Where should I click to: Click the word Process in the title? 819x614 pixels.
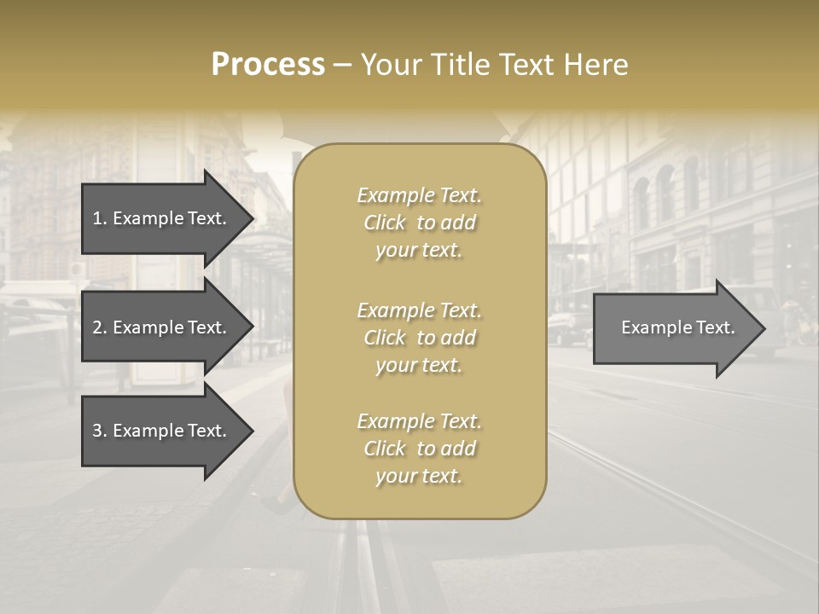point(268,64)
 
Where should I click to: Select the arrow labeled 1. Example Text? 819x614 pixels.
point(162,218)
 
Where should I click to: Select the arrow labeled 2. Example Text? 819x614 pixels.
point(162,327)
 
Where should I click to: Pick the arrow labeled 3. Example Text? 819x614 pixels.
point(162,431)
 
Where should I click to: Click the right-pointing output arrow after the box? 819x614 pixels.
point(674,327)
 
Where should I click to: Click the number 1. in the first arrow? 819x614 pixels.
point(99,218)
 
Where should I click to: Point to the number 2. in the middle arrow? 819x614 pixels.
point(99,327)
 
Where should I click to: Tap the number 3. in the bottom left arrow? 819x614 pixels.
point(99,431)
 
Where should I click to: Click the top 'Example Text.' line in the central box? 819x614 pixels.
point(419,195)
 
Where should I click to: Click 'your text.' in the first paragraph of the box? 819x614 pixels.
point(419,251)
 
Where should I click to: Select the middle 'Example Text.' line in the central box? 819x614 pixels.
point(419,310)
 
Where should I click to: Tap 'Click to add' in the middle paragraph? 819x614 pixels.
point(419,338)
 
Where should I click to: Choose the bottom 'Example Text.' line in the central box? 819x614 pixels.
point(419,421)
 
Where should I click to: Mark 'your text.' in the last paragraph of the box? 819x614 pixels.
point(419,477)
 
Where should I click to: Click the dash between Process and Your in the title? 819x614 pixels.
point(342,65)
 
